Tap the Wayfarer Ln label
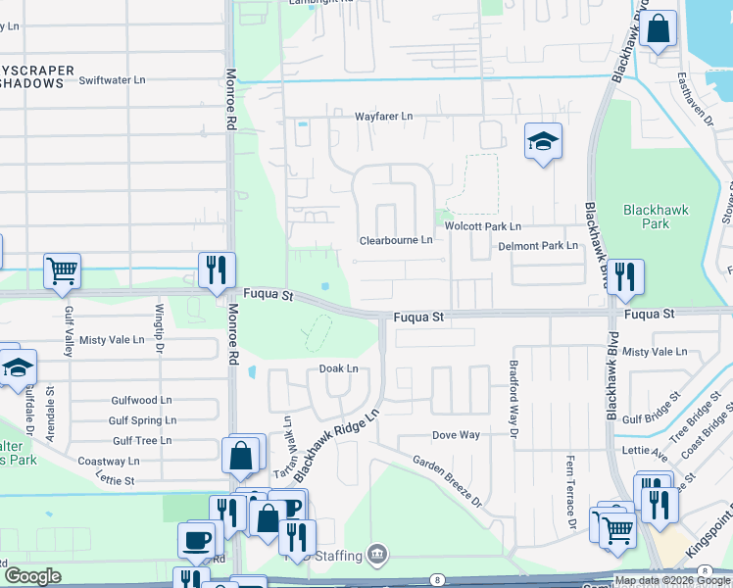coord(384,116)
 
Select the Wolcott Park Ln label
coord(483,226)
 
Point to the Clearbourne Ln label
coord(396,240)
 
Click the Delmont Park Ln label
coord(538,246)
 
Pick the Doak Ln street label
coord(338,368)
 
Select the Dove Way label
coord(457,434)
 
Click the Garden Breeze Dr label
coord(447,480)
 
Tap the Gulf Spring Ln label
coord(144,420)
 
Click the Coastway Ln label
coord(109,461)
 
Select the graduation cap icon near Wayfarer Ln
coord(542,141)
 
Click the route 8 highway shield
coord(436,581)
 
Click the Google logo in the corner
coord(32,576)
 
